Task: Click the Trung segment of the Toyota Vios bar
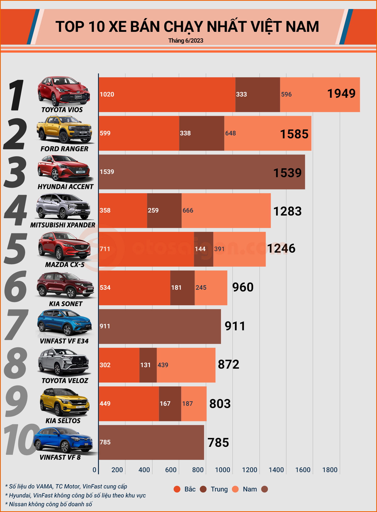[258, 94]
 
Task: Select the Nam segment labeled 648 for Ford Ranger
[267, 133]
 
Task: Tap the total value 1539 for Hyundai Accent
[287, 173]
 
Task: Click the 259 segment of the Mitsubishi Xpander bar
[164, 210]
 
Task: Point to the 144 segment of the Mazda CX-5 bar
[203, 249]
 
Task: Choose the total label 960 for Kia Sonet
[243, 287]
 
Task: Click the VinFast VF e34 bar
[160, 326]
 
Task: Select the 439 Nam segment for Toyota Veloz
[186, 365]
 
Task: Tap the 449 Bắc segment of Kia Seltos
[129, 403]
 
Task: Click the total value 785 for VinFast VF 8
[218, 443]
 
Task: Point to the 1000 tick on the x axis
[222, 470]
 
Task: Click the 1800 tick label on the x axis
[330, 470]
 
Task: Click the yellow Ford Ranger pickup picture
[64, 129]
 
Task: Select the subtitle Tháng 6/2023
[186, 41]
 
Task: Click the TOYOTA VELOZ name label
[65, 381]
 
